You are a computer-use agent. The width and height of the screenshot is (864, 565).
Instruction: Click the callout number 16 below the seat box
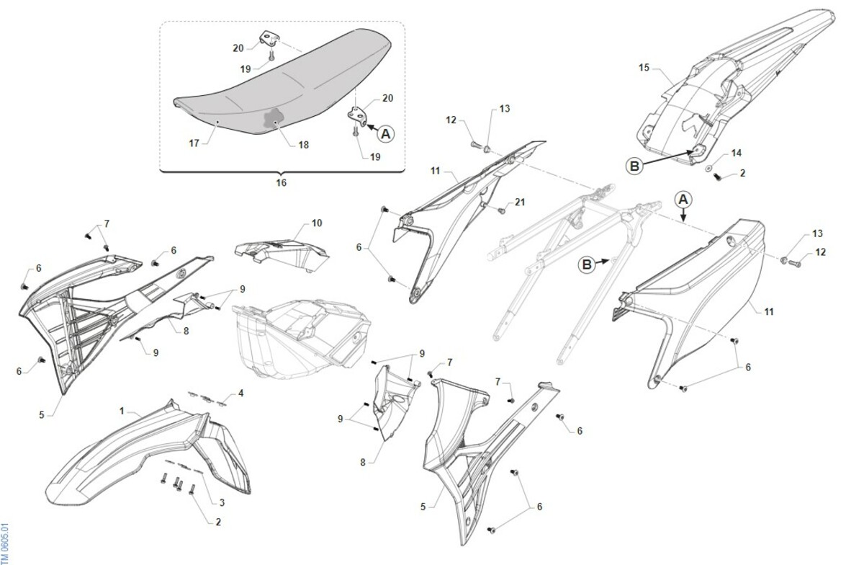click(x=282, y=182)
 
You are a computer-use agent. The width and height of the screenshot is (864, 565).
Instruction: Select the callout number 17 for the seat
click(x=194, y=143)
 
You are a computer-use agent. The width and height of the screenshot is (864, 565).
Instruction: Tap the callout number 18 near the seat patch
click(x=304, y=145)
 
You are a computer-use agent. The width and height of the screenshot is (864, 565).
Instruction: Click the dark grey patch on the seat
click(x=272, y=119)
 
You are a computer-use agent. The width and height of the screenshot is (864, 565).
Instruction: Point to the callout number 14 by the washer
click(x=737, y=154)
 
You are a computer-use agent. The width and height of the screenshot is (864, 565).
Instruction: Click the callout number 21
click(x=520, y=202)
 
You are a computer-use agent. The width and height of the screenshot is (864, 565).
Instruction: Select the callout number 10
click(x=317, y=223)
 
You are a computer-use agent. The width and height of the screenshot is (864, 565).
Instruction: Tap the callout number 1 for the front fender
click(x=122, y=411)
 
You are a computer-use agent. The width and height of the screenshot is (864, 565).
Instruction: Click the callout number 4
click(x=240, y=393)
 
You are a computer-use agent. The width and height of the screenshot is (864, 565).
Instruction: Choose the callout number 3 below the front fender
click(x=222, y=502)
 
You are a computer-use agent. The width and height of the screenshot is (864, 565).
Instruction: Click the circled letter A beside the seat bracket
click(x=385, y=134)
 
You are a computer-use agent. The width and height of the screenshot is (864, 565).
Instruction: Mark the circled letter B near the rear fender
click(x=634, y=166)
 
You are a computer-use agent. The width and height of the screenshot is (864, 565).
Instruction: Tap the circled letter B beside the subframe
click(x=587, y=265)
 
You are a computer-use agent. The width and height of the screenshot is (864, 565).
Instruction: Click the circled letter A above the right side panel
click(x=683, y=200)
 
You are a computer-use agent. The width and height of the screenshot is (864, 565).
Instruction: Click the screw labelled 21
click(x=502, y=211)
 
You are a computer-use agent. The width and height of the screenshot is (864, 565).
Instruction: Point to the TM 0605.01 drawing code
click(x=4, y=544)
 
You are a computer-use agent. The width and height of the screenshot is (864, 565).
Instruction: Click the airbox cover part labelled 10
click(x=282, y=255)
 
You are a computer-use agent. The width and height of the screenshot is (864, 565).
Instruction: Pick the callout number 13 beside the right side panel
click(x=817, y=233)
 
